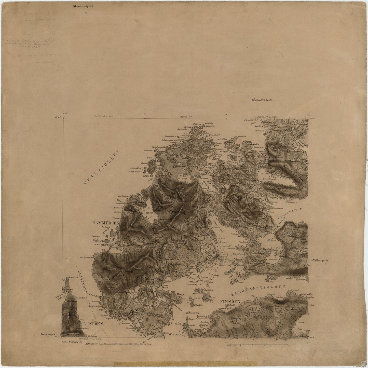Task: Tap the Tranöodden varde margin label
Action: click(262, 100)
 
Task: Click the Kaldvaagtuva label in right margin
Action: click(322, 261)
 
